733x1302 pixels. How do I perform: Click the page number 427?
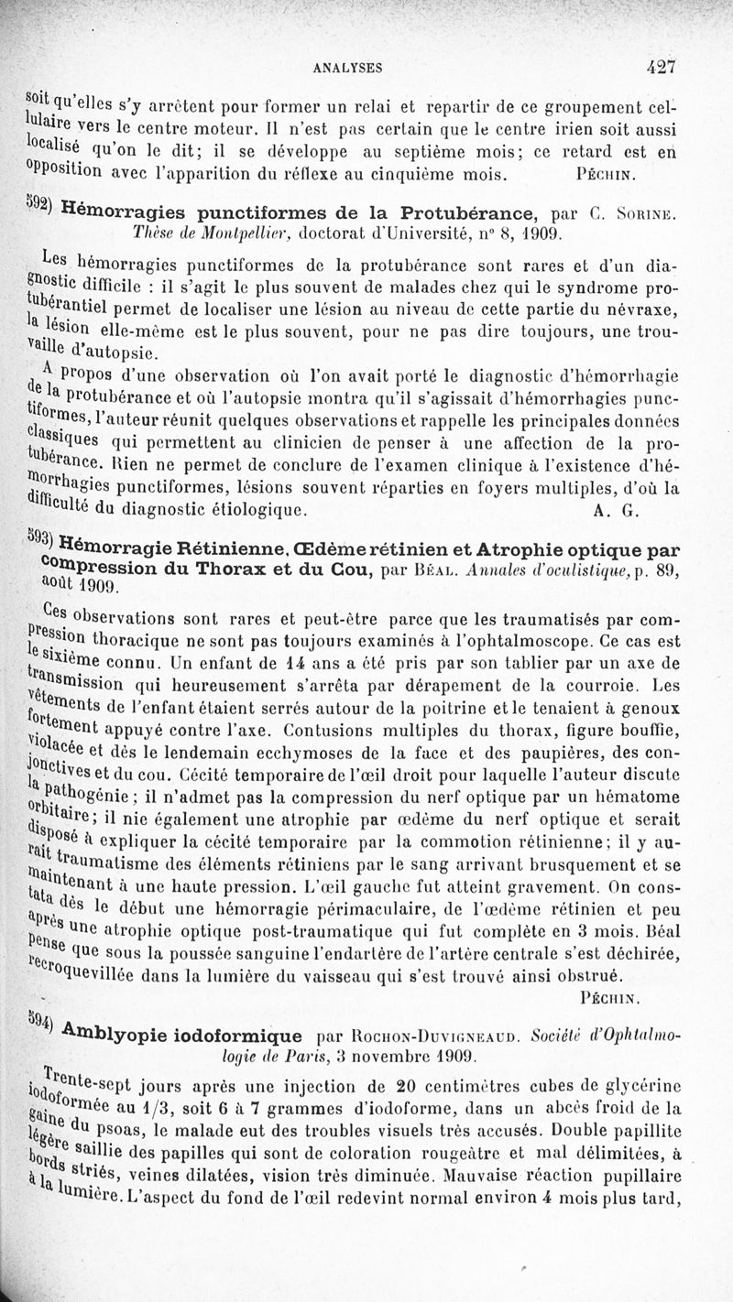pyautogui.click(x=660, y=66)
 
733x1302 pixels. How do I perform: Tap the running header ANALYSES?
pyautogui.click(x=347, y=67)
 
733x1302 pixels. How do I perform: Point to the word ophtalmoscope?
pyautogui.click(x=551, y=618)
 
